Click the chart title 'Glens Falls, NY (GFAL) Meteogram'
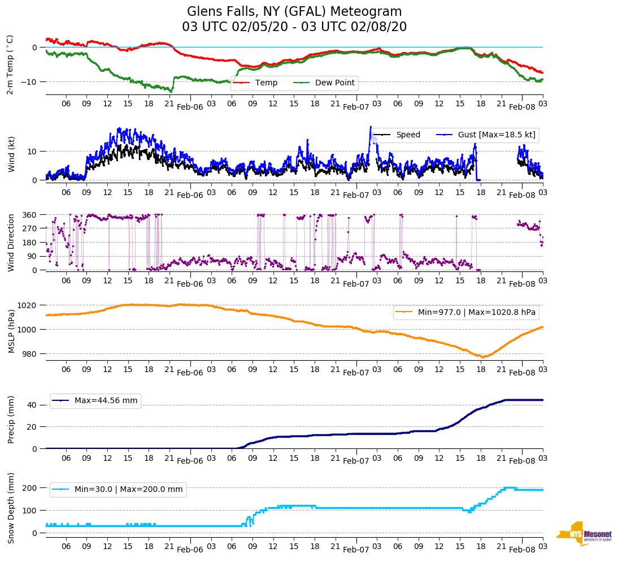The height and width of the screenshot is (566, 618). [294, 12]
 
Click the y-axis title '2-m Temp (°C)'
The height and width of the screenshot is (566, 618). [10, 64]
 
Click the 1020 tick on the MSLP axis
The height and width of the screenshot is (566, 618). [28, 305]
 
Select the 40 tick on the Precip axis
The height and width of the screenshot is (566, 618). [32, 405]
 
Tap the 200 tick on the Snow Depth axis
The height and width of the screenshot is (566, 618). [29, 488]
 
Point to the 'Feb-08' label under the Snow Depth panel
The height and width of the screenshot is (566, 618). [522, 550]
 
